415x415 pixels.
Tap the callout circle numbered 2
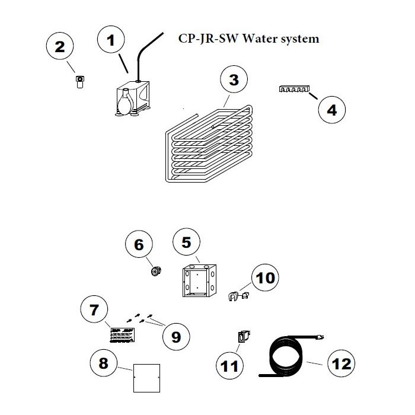tap(60, 47)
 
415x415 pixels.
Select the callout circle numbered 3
tap(234, 80)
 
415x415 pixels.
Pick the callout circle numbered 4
tap(332, 110)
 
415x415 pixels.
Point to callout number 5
tap(186, 242)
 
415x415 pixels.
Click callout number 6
tap(139, 245)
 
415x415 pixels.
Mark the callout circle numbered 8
tap(104, 363)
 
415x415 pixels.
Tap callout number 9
tap(176, 336)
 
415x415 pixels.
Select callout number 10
tap(264, 277)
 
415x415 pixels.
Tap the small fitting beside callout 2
tap(79, 81)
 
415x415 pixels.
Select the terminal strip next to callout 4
tap(293, 90)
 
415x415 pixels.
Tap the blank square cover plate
tap(146, 376)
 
